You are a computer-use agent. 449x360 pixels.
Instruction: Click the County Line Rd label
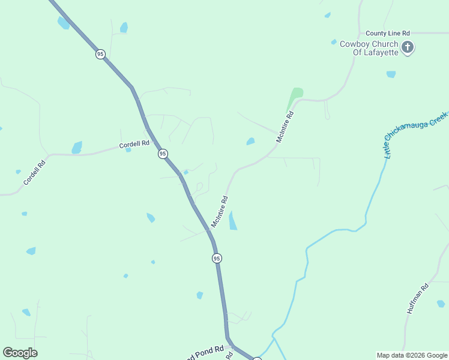[x=388, y=33]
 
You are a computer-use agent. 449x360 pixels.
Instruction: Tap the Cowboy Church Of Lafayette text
[x=369, y=48]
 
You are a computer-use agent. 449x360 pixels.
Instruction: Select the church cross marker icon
[x=408, y=47]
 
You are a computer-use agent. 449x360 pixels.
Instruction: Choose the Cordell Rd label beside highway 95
[x=134, y=145]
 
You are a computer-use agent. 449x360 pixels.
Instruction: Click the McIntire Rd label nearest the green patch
[x=285, y=127]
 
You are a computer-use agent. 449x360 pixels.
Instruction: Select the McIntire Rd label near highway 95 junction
[x=219, y=211]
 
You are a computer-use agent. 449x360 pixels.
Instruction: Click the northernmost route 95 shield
[x=100, y=54]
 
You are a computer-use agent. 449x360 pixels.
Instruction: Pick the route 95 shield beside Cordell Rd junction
[x=163, y=154]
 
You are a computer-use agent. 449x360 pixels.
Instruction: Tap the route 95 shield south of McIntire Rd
[x=217, y=258]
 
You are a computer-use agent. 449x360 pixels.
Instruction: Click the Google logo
[x=20, y=352]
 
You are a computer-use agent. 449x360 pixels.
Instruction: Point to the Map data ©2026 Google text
[x=412, y=355]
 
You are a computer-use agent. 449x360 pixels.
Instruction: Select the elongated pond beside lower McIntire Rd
[x=232, y=221]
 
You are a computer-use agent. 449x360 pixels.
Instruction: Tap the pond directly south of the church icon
[x=391, y=74]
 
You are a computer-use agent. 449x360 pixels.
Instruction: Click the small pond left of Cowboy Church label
[x=334, y=42]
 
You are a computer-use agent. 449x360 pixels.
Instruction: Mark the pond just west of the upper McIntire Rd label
[x=250, y=142]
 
